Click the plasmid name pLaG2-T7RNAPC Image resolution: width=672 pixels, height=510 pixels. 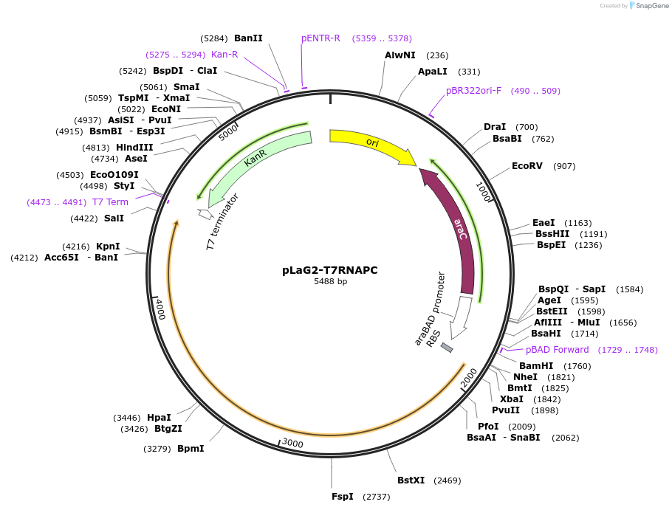pyautogui.click(x=330, y=270)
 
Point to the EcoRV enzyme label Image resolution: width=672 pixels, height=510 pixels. pyautogui.click(x=527, y=166)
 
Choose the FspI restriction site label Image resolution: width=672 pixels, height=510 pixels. pyautogui.click(x=343, y=497)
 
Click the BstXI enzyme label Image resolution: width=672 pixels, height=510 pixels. pyautogui.click(x=411, y=480)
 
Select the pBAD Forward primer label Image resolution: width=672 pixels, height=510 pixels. pyautogui.click(x=557, y=350)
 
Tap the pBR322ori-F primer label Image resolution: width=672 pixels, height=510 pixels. pyautogui.click(x=473, y=91)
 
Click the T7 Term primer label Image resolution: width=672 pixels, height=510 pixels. pyautogui.click(x=110, y=202)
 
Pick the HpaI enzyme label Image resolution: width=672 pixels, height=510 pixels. pyautogui.click(x=159, y=417)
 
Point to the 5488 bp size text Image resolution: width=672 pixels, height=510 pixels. pyautogui.click(x=330, y=282)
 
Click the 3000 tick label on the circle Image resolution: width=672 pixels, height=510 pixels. pyautogui.click(x=292, y=443)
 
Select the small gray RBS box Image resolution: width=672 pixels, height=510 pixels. pyautogui.click(x=447, y=348)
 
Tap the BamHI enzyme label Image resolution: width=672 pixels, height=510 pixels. pyautogui.click(x=536, y=366)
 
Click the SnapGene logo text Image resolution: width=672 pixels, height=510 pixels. pyautogui.click(x=651, y=5)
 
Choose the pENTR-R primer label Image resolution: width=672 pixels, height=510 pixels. pyautogui.click(x=320, y=38)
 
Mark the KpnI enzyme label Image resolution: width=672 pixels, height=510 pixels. pyautogui.click(x=108, y=247)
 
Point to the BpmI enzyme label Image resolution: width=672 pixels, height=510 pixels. pyautogui.click(x=191, y=449)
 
